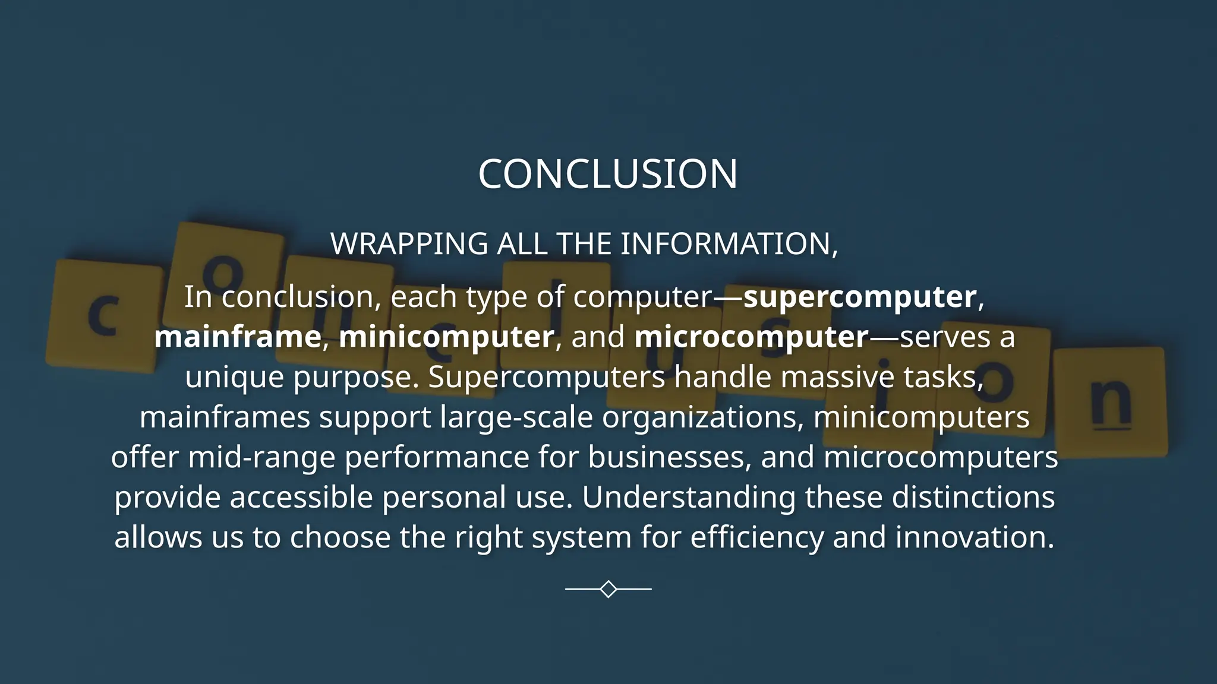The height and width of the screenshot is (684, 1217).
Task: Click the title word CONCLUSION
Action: point(607,175)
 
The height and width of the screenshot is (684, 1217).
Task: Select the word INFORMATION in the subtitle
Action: point(728,244)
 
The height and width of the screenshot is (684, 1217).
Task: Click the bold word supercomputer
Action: point(860,297)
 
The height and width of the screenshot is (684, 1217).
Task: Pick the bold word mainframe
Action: point(238,337)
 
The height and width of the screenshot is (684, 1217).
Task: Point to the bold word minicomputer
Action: point(446,337)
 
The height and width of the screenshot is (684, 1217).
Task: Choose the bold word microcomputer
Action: point(752,337)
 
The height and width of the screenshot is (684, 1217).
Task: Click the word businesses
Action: point(669,457)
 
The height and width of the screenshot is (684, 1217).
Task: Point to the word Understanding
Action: point(688,498)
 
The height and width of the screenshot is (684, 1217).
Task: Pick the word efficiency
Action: point(756,538)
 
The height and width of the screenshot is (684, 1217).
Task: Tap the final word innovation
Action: point(974,537)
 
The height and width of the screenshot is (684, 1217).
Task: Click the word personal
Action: point(444,498)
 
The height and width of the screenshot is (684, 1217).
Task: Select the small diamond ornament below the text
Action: point(608,589)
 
